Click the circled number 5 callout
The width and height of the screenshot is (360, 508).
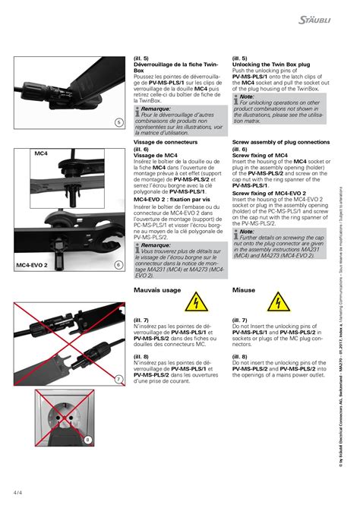(x=119, y=121)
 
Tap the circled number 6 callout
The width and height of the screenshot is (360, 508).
(x=119, y=265)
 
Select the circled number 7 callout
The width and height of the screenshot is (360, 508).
(x=119, y=379)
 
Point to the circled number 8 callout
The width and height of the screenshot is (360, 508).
(x=88, y=439)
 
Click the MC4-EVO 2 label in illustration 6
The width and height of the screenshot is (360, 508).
(x=31, y=266)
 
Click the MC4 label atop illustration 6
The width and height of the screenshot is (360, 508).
(x=41, y=153)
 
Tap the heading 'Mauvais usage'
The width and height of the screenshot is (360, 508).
(x=157, y=291)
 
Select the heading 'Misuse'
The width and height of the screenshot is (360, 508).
(x=244, y=291)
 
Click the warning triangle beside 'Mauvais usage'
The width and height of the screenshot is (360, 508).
(x=196, y=302)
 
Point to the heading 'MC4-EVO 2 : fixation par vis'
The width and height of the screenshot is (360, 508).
(x=171, y=199)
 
